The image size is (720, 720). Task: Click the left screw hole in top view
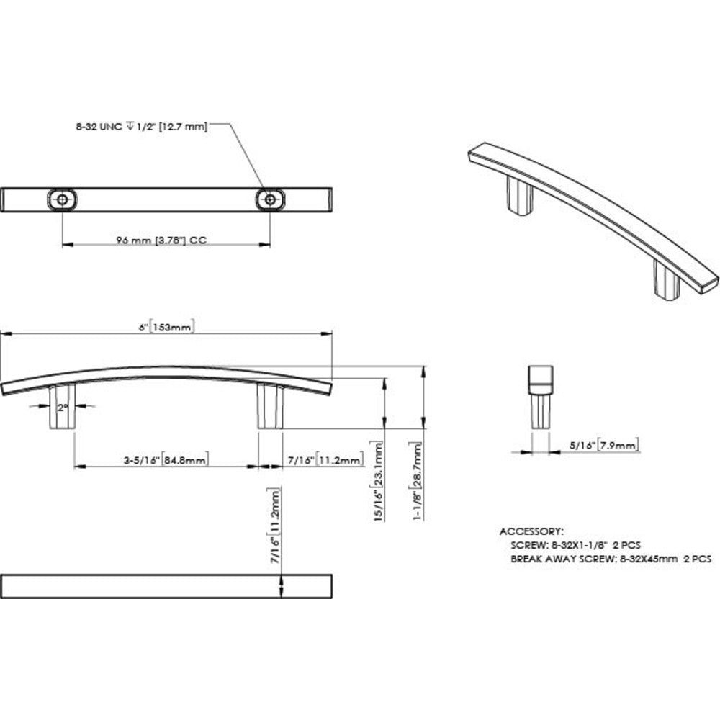coord(63,199)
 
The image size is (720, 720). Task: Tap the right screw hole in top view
coord(270,199)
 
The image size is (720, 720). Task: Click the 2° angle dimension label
coord(63,407)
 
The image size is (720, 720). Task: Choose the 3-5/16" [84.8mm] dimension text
coord(165,459)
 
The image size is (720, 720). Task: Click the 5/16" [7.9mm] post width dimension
coord(600,446)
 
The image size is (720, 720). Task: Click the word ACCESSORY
coord(532,531)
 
